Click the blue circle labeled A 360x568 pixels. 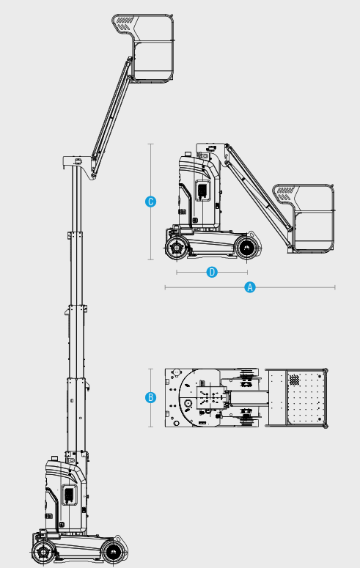[250, 287]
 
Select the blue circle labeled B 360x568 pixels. [151, 397]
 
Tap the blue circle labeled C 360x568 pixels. [151, 202]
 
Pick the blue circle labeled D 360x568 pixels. [212, 272]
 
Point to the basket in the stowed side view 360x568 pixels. [312, 218]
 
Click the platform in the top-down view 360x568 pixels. [296, 397]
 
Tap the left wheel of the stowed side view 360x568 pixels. [177, 248]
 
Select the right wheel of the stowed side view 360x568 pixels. [248, 248]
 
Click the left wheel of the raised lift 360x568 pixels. [43, 552]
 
